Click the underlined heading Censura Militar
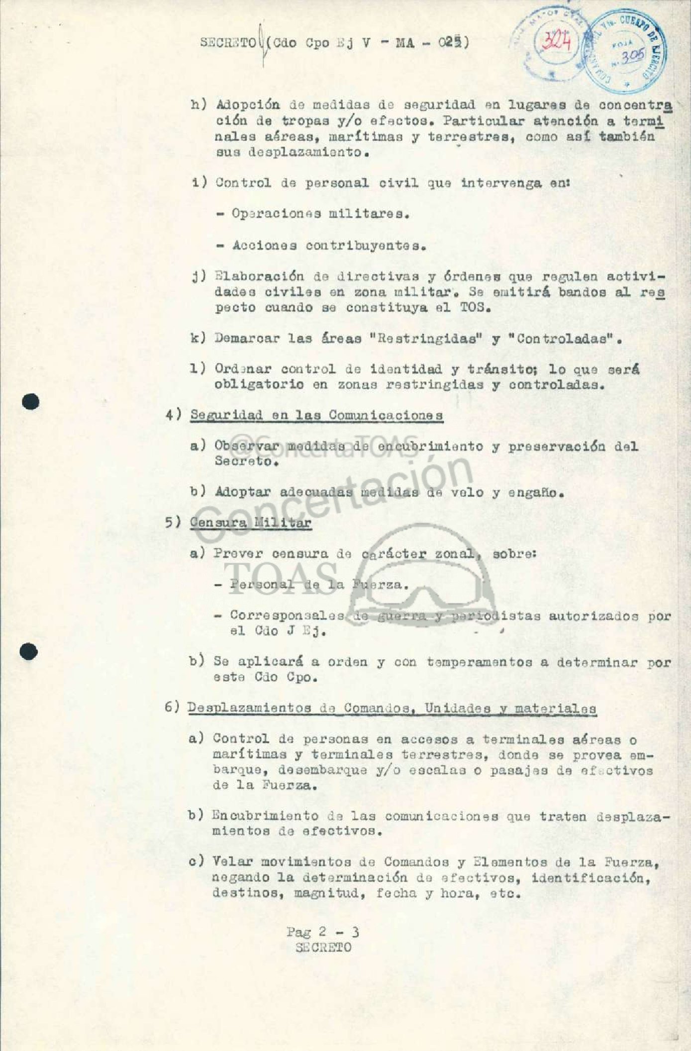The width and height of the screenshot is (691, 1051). click(x=250, y=523)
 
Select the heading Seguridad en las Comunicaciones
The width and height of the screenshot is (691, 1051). click(x=316, y=415)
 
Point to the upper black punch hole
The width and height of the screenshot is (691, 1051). click(x=30, y=402)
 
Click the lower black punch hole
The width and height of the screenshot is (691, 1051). click(x=29, y=651)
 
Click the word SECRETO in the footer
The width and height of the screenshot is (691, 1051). click(x=323, y=948)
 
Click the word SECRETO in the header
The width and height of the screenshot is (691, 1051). click(x=228, y=43)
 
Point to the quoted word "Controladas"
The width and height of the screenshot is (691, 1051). click(x=563, y=339)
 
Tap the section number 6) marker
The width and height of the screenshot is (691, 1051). click(x=172, y=707)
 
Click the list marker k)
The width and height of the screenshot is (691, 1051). click(x=198, y=339)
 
